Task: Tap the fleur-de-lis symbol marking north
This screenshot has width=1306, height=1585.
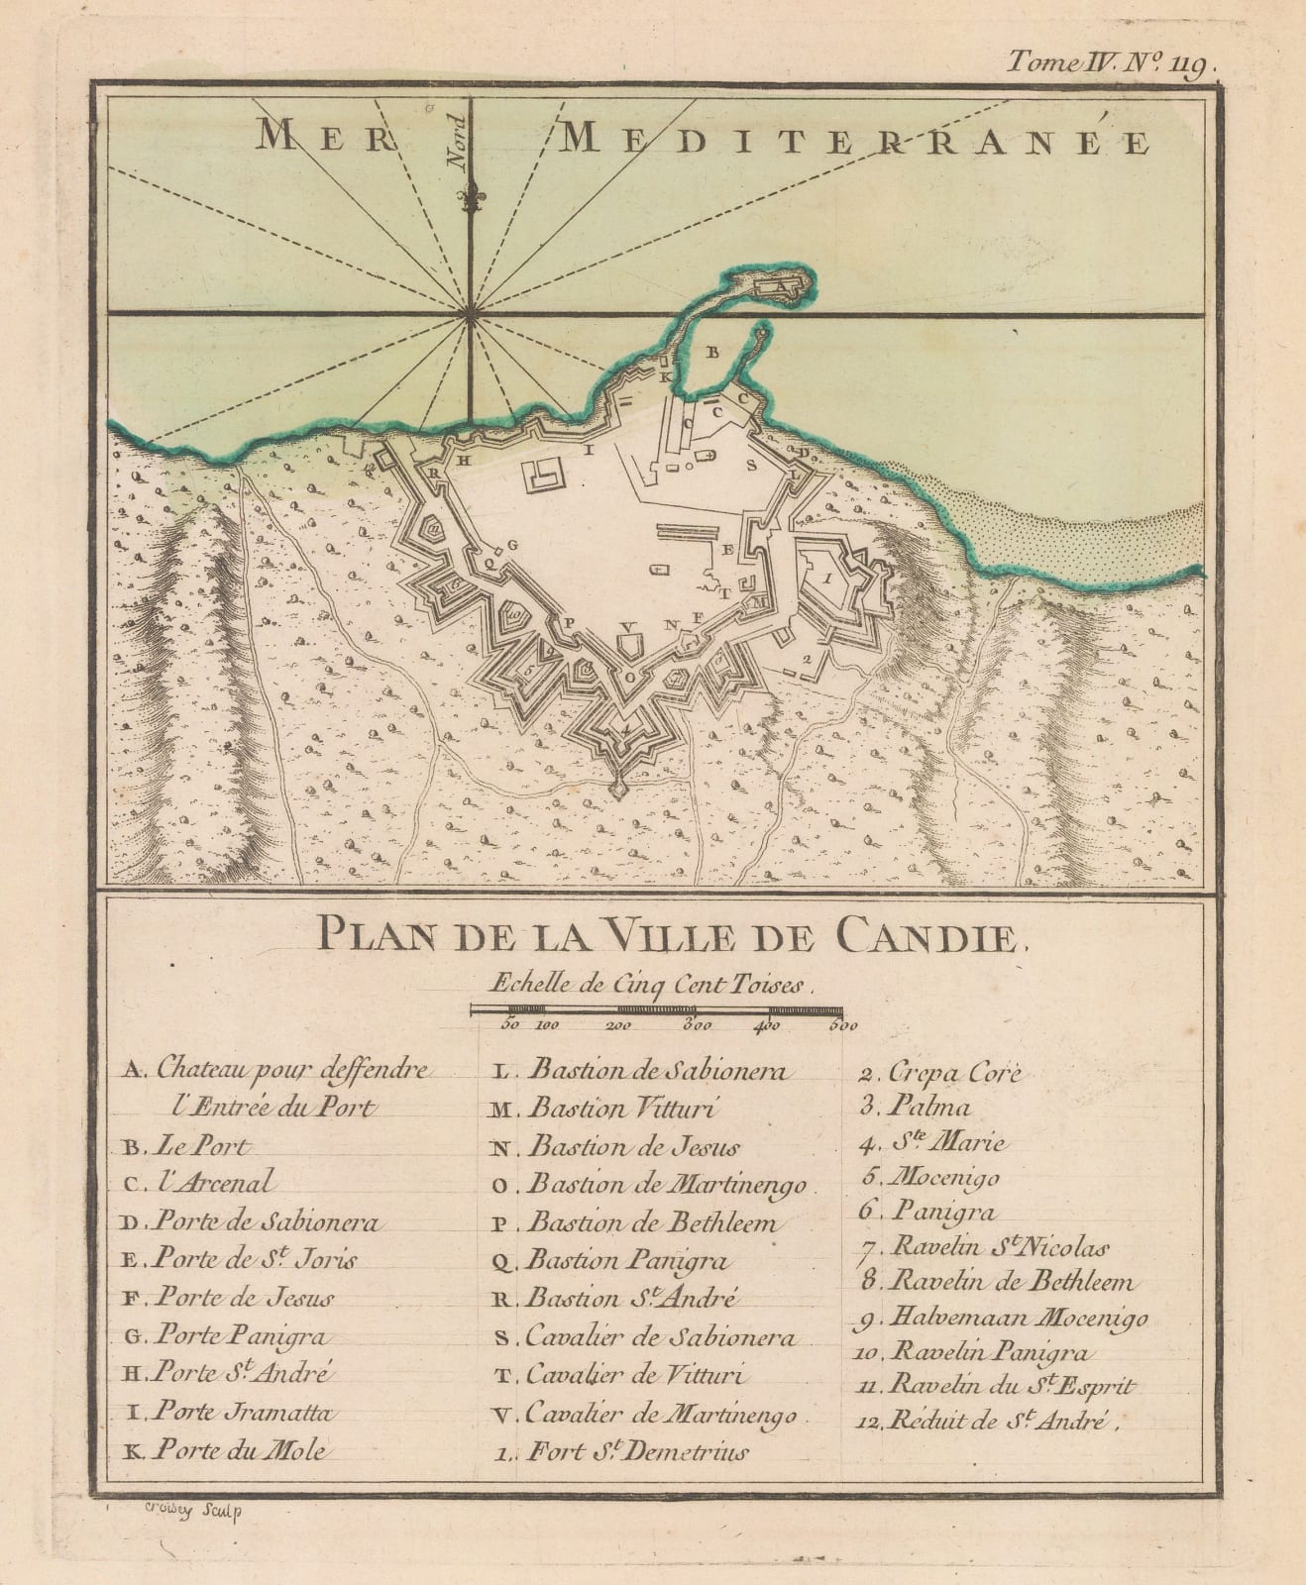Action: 470,199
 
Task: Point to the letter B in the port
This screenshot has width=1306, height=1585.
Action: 709,351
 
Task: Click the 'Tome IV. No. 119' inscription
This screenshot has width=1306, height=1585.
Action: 1110,64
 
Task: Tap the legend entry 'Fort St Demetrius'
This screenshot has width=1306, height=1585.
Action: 635,1451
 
